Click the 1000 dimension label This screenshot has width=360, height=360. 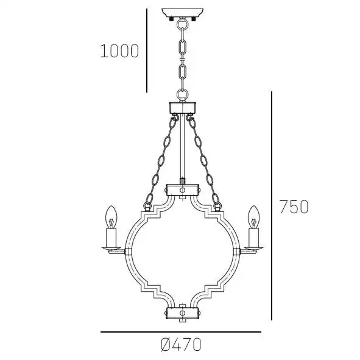119,51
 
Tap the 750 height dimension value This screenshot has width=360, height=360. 294,207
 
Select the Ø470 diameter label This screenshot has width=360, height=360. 180,345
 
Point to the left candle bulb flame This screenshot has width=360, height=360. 111,214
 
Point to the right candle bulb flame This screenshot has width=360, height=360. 252,214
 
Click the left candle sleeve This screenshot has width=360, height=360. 111,236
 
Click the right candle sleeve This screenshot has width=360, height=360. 252,236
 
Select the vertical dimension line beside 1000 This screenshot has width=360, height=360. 147,51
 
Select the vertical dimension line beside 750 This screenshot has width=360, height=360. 272,207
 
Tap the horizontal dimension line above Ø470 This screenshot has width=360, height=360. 180,332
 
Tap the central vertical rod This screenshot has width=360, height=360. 182,149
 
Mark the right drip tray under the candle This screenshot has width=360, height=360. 252,248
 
